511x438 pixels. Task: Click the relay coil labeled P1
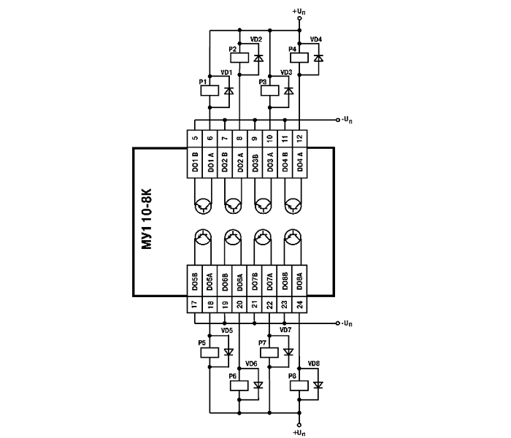210,91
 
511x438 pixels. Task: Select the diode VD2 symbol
258,57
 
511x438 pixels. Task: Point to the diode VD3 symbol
288,91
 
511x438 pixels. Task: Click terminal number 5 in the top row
195,137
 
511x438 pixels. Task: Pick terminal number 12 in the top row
299,137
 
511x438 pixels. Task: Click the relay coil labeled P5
210,352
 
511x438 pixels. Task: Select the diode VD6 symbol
258,385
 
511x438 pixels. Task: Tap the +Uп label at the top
299,12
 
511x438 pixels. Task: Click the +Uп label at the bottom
299,433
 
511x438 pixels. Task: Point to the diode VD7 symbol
288,352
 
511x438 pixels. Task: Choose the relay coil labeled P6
240,385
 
